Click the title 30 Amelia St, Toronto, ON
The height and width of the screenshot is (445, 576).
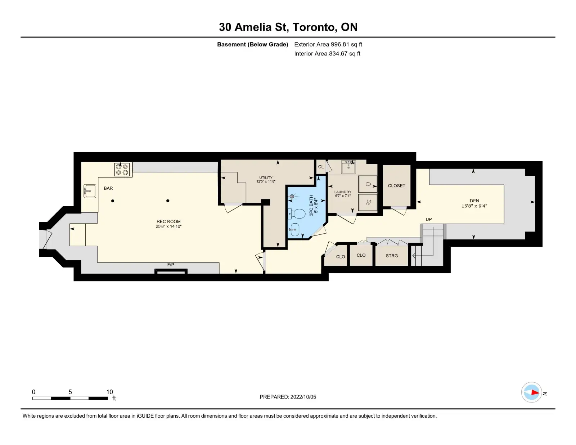pyautogui.click(x=288, y=27)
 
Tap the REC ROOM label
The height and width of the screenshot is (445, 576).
pyautogui.click(x=168, y=221)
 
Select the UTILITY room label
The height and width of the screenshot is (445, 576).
pyautogui.click(x=266, y=177)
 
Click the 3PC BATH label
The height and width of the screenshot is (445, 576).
pyautogui.click(x=311, y=206)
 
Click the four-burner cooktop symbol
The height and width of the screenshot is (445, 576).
pyautogui.click(x=122, y=169)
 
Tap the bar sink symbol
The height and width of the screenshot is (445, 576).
pyautogui.click(x=90, y=191)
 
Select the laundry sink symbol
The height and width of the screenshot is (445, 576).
pyautogui.click(x=348, y=167)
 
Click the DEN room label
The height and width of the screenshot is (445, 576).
pyautogui.click(x=474, y=201)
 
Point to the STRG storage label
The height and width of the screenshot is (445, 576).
pyautogui.click(x=392, y=256)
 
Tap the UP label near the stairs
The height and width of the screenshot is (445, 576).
pyautogui.click(x=429, y=220)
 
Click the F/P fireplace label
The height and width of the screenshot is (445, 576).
pyautogui.click(x=171, y=265)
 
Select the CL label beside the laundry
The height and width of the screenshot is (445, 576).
pyautogui.click(x=321, y=167)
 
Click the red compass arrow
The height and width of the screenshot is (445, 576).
pyautogui.click(x=535, y=392)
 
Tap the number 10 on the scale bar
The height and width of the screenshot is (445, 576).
pyautogui.click(x=109, y=392)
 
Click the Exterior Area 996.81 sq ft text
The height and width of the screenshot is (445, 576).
pyautogui.click(x=328, y=45)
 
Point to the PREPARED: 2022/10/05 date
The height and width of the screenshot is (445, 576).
pyautogui.click(x=288, y=397)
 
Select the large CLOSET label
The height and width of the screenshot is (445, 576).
pyautogui.click(x=397, y=186)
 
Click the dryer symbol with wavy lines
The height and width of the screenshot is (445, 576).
pyautogui.click(x=368, y=203)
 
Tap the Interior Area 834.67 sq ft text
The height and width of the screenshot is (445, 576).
pyautogui.click(x=327, y=54)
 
